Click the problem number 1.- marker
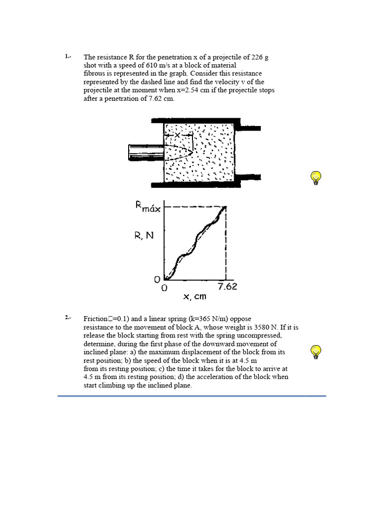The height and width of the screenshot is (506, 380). click(x=68, y=57)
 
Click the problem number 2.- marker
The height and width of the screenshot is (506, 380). click(x=68, y=318)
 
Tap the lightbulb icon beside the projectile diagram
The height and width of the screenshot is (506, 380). click(x=316, y=177)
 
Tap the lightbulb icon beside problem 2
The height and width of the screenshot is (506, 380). click(x=316, y=352)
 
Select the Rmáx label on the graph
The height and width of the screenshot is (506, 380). click(x=148, y=207)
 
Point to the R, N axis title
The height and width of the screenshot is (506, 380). click(x=144, y=236)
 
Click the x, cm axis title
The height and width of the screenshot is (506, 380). click(x=194, y=296)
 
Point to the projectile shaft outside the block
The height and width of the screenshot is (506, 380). click(x=145, y=152)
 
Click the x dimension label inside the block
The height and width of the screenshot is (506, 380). click(x=177, y=135)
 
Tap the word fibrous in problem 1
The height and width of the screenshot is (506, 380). click(x=94, y=74)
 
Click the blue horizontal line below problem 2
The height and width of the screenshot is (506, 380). click(x=192, y=396)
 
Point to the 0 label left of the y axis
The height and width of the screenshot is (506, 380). click(x=157, y=280)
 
